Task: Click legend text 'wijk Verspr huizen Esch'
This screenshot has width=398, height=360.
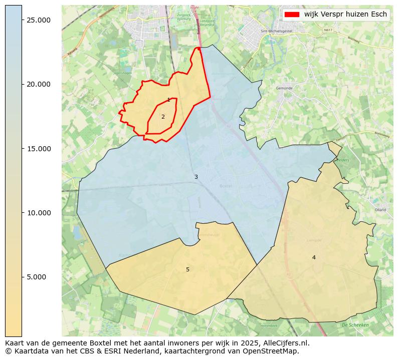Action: coord(345,15)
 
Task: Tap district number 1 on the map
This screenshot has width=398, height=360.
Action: coord(168,100)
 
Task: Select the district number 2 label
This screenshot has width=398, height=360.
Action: coord(163,117)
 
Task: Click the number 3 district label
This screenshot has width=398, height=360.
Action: coord(196,177)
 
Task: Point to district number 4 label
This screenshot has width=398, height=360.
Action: coord(314,257)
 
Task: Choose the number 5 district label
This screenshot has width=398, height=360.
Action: coord(188,269)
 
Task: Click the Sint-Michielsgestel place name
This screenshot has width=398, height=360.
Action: coord(276,31)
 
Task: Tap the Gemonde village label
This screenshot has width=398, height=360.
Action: coord(284,88)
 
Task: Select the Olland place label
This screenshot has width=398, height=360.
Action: coord(380,210)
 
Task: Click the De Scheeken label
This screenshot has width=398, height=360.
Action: coord(355,325)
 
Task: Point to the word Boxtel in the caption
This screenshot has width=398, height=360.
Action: coord(103,343)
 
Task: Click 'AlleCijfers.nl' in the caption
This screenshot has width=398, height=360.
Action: coord(286,343)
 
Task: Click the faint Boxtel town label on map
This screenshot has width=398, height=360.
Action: coord(226,186)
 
